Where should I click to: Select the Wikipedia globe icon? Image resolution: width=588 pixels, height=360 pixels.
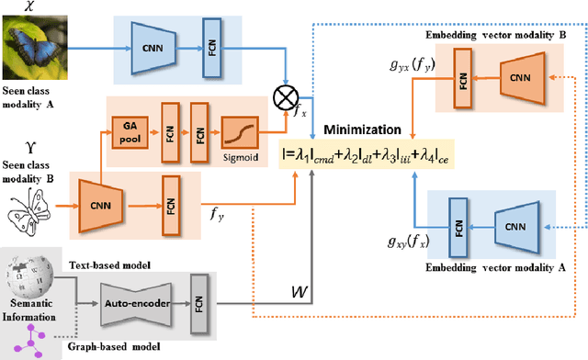point(26,275)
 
